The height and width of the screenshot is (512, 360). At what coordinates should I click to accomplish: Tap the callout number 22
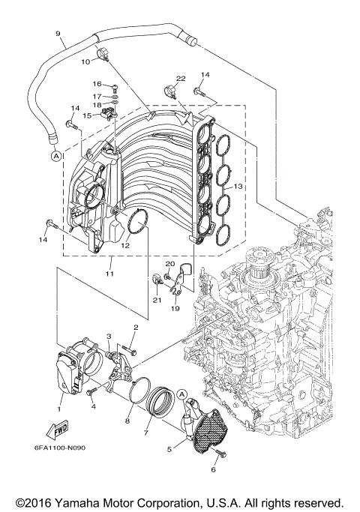tap(181, 79)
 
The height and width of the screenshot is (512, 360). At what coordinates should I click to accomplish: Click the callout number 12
tap(125, 245)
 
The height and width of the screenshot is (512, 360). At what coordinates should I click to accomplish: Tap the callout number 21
tap(157, 300)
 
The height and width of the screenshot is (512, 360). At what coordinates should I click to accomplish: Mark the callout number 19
tap(176, 308)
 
